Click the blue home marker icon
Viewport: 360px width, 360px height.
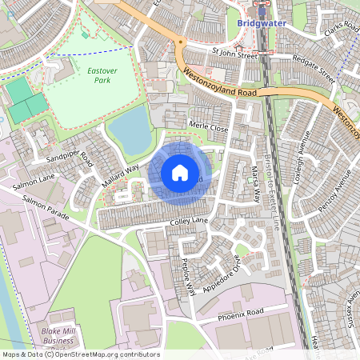tap(180, 173)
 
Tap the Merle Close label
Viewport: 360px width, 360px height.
tap(209, 126)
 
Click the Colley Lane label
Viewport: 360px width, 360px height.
tap(188, 220)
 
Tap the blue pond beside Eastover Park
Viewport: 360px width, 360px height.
tap(130, 130)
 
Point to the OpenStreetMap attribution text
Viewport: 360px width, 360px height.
tap(80, 354)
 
